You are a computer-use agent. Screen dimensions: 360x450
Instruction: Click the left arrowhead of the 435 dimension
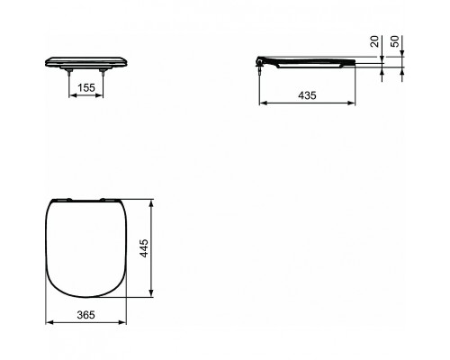pos(263,103)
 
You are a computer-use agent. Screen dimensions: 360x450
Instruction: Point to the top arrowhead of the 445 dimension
pos(152,202)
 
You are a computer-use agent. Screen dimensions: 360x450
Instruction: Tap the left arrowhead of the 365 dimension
pos(46,325)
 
